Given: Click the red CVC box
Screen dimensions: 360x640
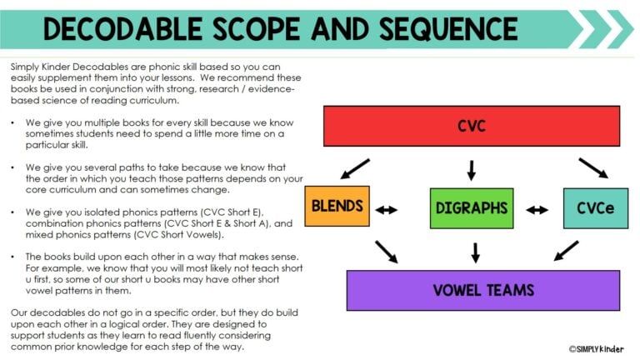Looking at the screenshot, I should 471,127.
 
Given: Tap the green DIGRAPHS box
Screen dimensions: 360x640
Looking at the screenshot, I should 471,208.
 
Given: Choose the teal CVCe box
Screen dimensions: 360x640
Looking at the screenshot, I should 595,208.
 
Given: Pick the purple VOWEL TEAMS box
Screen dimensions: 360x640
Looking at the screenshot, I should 471,291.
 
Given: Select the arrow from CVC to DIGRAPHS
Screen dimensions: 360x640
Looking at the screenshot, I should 471,169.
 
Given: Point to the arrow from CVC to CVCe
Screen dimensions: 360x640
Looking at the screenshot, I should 592,167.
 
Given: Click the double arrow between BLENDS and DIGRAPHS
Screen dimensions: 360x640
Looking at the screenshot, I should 387,210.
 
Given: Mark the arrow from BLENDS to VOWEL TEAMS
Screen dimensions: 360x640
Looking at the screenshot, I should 386,251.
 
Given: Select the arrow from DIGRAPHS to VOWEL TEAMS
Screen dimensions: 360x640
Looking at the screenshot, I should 475,252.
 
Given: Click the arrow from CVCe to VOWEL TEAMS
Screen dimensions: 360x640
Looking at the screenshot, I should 566,250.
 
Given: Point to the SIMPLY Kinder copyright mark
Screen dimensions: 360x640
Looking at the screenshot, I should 596,349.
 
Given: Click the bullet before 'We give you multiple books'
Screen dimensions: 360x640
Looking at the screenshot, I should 14,122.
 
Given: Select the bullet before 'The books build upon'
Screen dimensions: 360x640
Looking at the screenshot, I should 14,256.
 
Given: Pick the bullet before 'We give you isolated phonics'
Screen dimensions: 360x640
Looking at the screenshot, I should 14,212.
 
